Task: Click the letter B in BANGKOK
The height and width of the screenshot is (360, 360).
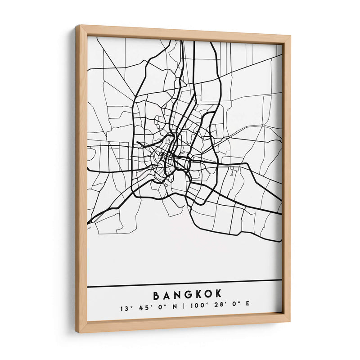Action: (x=157, y=296)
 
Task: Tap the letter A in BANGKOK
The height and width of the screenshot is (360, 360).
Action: (x=167, y=296)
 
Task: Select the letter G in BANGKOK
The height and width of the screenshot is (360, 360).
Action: (x=188, y=295)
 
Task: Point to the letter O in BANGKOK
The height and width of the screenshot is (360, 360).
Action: (x=208, y=294)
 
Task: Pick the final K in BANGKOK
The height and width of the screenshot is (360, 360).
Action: (x=218, y=294)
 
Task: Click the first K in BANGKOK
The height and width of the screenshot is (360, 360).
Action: (x=198, y=295)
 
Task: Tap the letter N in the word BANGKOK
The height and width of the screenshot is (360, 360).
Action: (x=177, y=295)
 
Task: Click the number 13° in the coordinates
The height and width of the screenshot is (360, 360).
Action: (x=125, y=309)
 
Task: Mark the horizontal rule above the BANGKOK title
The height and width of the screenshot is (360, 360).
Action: (x=184, y=283)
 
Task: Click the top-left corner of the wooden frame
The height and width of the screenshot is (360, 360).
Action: (x=77, y=26)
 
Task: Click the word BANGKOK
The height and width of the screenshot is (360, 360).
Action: (x=188, y=295)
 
